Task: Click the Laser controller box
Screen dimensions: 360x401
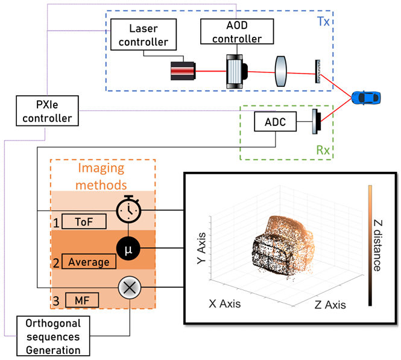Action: click(143, 34)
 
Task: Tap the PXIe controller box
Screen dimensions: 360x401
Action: click(48, 110)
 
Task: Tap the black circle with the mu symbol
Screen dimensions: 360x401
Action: click(128, 247)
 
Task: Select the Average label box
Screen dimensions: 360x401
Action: click(88, 262)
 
